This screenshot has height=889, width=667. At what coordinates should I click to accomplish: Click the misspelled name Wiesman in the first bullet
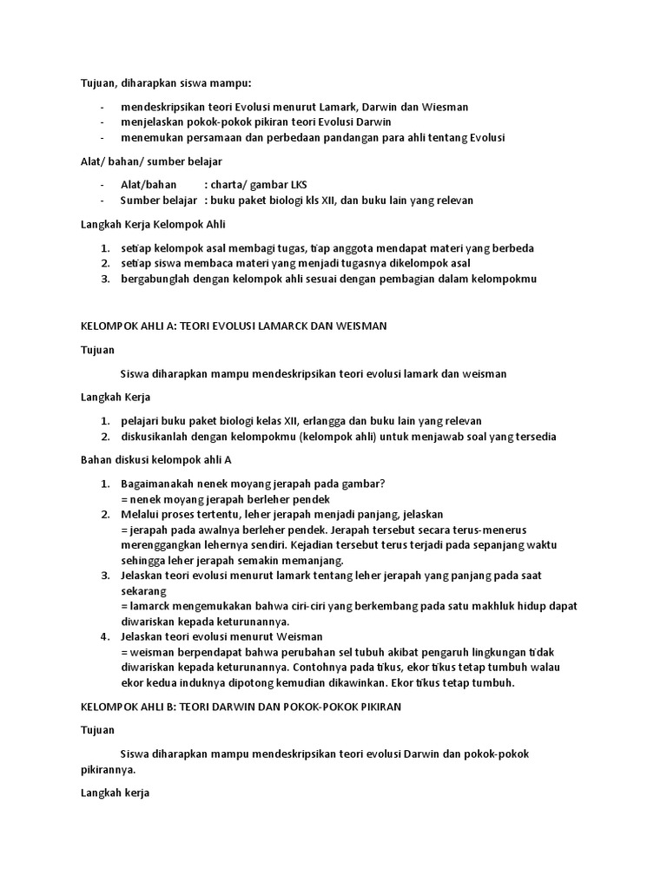click(x=446, y=107)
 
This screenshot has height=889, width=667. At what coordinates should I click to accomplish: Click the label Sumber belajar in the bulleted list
click(x=159, y=200)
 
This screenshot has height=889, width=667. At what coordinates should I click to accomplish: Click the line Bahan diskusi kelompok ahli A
click(x=156, y=460)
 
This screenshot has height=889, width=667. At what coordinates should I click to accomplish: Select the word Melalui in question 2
click(x=140, y=514)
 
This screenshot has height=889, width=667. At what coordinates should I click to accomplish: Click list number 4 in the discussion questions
click(x=104, y=636)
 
